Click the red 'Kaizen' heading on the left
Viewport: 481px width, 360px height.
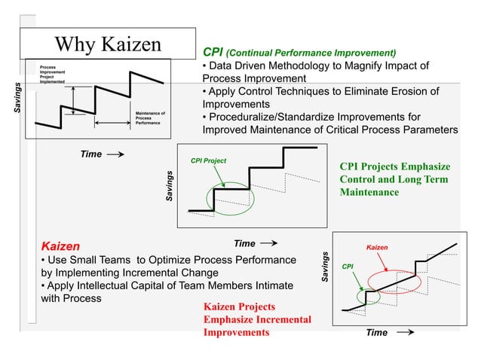[60, 246]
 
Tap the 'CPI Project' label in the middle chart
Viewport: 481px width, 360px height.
[209, 160]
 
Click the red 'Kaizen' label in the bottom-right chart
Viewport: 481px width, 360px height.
[377, 247]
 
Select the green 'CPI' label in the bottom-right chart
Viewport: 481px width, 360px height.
[348, 266]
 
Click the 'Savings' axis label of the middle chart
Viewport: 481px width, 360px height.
[170, 185]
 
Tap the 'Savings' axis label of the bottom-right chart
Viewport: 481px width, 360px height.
[326, 267]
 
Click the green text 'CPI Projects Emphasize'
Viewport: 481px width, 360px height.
[394, 166]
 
